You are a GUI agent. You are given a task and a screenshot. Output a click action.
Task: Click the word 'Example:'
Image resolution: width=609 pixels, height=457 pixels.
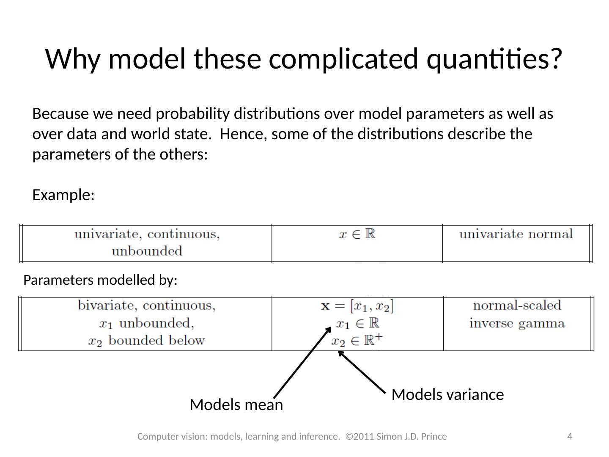[63, 195]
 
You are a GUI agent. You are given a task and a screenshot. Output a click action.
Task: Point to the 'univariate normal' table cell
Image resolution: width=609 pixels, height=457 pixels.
[516, 234]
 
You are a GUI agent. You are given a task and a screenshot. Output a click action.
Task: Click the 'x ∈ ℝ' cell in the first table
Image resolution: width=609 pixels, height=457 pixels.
[357, 234]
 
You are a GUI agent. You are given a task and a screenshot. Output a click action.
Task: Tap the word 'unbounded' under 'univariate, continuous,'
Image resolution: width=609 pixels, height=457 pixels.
[147, 251]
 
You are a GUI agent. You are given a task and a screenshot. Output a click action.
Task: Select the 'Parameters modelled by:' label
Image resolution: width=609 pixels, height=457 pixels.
[100, 280]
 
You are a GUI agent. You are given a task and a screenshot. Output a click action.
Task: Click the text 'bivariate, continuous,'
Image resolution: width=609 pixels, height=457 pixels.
[147, 306]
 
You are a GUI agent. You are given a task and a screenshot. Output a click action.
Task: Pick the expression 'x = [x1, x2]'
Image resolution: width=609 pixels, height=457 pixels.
[357, 306]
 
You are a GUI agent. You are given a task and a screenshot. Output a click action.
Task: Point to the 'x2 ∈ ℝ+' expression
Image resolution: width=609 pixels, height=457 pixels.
[357, 340]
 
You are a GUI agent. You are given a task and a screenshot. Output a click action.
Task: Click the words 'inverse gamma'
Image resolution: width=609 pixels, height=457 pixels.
[517, 323]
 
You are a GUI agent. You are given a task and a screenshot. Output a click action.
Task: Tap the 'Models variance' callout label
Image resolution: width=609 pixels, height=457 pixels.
[447, 394]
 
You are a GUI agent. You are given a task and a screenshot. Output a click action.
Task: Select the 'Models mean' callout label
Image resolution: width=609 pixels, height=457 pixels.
[236, 405]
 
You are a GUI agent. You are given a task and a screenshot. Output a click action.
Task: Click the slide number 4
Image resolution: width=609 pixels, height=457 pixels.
[570, 436]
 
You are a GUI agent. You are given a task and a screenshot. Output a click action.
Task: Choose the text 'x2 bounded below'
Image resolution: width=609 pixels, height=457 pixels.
[147, 340]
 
